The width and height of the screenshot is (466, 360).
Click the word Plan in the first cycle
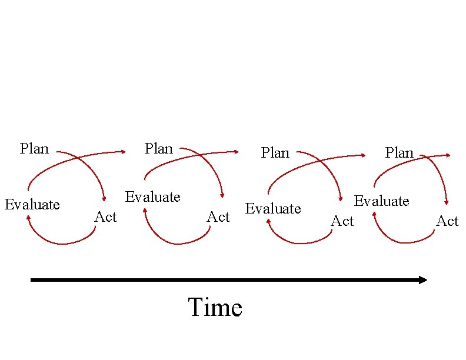tap(34, 148)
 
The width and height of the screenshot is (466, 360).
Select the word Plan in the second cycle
tap(159, 148)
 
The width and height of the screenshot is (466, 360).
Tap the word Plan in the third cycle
tap(275, 153)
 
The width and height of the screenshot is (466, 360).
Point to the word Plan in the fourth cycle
tap(400, 153)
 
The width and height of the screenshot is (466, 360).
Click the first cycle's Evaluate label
tap(32, 205)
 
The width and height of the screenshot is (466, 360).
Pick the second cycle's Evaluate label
tap(153, 196)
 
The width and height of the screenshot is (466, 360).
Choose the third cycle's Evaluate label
tap(273, 209)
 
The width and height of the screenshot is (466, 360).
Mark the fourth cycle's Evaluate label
tap(381, 201)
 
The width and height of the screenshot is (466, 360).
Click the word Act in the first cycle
tap(106, 217)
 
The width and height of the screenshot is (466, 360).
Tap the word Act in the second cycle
tap(218, 217)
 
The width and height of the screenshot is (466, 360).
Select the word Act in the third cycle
tap(342, 221)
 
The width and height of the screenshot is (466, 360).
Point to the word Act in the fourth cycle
tap(447, 221)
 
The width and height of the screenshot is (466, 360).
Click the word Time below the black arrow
tap(215, 308)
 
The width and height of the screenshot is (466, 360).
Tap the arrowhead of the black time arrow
tap(423, 280)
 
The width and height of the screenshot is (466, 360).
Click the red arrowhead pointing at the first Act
tap(104, 199)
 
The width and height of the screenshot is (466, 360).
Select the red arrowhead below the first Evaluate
tap(28, 218)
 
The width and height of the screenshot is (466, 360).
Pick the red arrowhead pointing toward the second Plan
tap(124, 152)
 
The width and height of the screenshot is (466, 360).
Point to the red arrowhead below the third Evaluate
tap(268, 221)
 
